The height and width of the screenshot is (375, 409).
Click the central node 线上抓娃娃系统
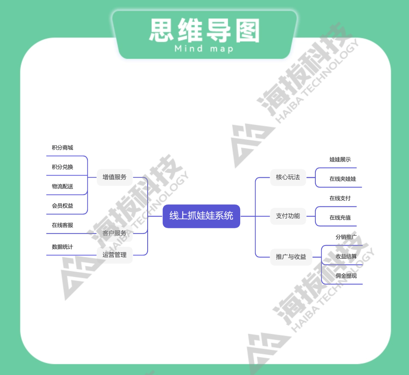click(x=201, y=216)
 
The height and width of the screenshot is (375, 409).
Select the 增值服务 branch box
click(x=115, y=177)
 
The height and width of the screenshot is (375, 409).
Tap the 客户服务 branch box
click(x=115, y=233)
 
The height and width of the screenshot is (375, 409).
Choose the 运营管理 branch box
click(x=115, y=255)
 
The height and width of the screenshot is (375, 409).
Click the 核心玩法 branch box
click(x=288, y=177)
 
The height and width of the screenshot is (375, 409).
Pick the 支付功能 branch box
click(x=288, y=216)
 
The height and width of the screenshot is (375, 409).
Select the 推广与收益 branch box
click(x=291, y=257)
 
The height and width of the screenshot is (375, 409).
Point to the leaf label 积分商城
click(x=62, y=148)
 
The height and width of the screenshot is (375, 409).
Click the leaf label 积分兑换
click(x=62, y=167)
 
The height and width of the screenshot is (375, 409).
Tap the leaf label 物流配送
click(x=62, y=186)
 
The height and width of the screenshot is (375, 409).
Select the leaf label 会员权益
click(x=62, y=206)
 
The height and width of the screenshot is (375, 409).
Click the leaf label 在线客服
click(x=62, y=225)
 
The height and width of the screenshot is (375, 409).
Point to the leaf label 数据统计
click(x=62, y=247)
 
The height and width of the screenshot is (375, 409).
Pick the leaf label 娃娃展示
click(x=340, y=159)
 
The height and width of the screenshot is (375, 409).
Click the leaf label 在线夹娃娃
click(x=343, y=179)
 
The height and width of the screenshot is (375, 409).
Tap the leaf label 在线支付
click(x=340, y=198)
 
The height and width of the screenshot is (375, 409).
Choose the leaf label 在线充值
click(x=340, y=217)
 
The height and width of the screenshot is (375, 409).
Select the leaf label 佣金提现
click(x=346, y=276)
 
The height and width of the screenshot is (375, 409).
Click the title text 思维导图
click(x=204, y=31)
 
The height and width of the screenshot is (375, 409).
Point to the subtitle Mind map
click(x=204, y=49)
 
